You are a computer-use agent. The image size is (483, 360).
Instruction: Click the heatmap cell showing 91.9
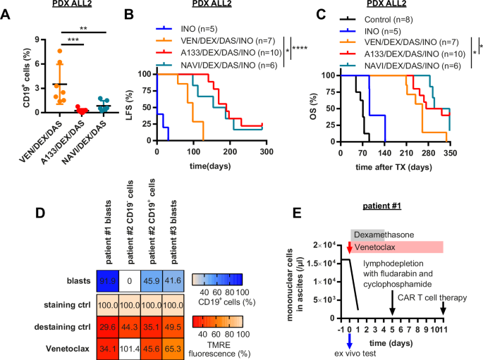coord(107,260)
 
